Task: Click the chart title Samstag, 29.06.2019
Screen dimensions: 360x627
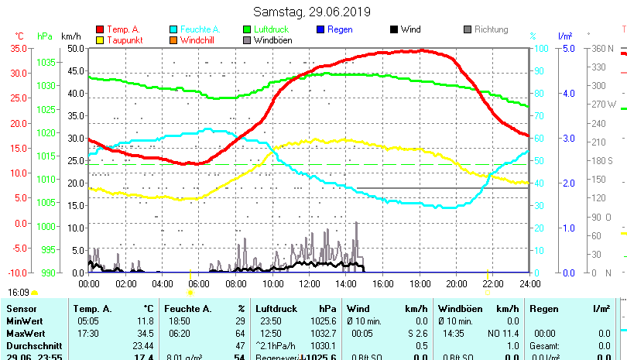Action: pos(312,12)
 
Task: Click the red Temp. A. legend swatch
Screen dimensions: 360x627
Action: pos(100,29)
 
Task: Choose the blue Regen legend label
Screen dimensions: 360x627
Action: pos(341,29)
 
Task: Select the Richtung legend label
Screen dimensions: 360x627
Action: pos(492,29)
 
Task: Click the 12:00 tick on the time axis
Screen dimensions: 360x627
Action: pos(309,284)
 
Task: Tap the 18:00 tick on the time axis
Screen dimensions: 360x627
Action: pos(420,284)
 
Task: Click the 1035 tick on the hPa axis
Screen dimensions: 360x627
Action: pos(46,62)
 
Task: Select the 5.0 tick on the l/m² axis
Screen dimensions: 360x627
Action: pos(566,48)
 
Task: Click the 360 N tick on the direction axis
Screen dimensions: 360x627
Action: pos(603,48)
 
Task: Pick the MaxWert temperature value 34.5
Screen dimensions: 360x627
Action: pos(144,333)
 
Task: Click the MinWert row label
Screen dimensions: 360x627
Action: pos(24,321)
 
